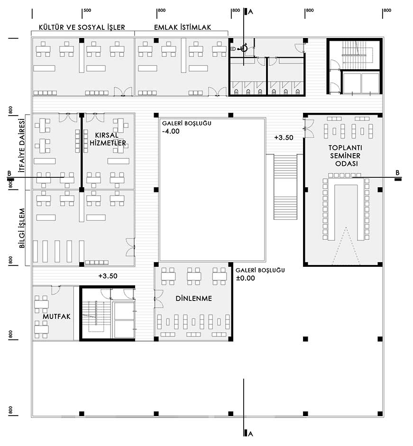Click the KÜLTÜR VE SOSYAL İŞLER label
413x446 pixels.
(x=82, y=27)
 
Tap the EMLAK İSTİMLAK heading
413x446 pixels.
(x=183, y=27)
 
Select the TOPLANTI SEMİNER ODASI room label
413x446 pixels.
(x=345, y=155)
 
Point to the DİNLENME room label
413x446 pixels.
(x=194, y=299)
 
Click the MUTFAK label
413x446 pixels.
(x=56, y=317)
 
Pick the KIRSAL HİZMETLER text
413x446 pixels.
(x=108, y=139)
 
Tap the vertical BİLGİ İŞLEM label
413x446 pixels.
(x=22, y=228)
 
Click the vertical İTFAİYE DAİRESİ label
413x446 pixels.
(x=22, y=146)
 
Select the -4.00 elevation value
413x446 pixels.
(x=171, y=131)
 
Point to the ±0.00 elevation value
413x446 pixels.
(x=245, y=278)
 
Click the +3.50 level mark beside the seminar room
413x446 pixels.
(x=284, y=137)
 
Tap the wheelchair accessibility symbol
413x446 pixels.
(x=244, y=48)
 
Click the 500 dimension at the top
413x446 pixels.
(x=87, y=10)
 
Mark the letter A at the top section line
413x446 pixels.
(x=250, y=12)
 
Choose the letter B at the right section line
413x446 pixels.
(x=397, y=173)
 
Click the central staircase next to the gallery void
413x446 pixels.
(x=285, y=187)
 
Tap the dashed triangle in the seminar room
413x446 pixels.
(x=346, y=246)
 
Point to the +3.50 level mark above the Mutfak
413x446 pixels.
(x=108, y=276)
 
